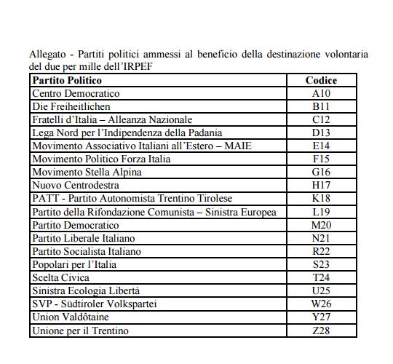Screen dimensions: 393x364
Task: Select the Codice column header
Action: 321,80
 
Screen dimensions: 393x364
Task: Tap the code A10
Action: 321,93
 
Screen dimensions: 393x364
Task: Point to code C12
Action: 321,119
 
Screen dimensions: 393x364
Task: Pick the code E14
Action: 321,146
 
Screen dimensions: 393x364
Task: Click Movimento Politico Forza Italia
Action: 101,159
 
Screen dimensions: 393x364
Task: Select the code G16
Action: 321,172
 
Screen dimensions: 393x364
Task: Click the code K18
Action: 321,199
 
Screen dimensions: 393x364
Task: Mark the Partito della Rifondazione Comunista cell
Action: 154,212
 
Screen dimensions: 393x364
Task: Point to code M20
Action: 321,225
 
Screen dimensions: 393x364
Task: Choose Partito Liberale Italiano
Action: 84,238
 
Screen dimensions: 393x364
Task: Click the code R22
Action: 321,251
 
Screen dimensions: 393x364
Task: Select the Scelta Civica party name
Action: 61,278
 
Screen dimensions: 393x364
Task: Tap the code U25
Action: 321,291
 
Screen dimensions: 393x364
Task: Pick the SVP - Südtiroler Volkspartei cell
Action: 94,304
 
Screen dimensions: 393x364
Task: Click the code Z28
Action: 321,331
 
